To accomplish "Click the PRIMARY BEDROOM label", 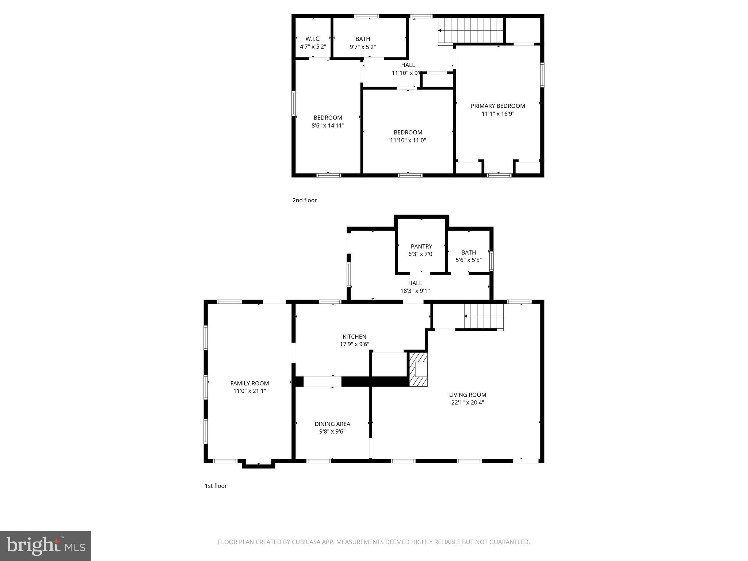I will (498, 106).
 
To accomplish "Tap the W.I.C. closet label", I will (313, 39).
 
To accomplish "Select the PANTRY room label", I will (421, 247).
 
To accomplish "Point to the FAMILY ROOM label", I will (249, 383).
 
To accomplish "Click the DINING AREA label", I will (332, 424).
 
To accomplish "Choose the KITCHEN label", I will (354, 336).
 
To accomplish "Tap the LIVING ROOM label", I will (467, 394).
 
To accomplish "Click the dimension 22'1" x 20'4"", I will (467, 402).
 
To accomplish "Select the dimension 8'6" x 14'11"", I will (328, 126).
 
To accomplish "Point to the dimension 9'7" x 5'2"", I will (363, 47).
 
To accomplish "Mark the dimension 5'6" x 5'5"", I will (469, 260).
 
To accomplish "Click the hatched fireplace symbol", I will (419, 369).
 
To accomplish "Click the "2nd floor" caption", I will (304, 200).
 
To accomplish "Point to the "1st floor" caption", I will (215, 486).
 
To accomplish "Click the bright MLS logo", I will (46, 546).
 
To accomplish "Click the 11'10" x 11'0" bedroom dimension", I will (408, 140).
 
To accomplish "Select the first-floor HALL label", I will (415, 283).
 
